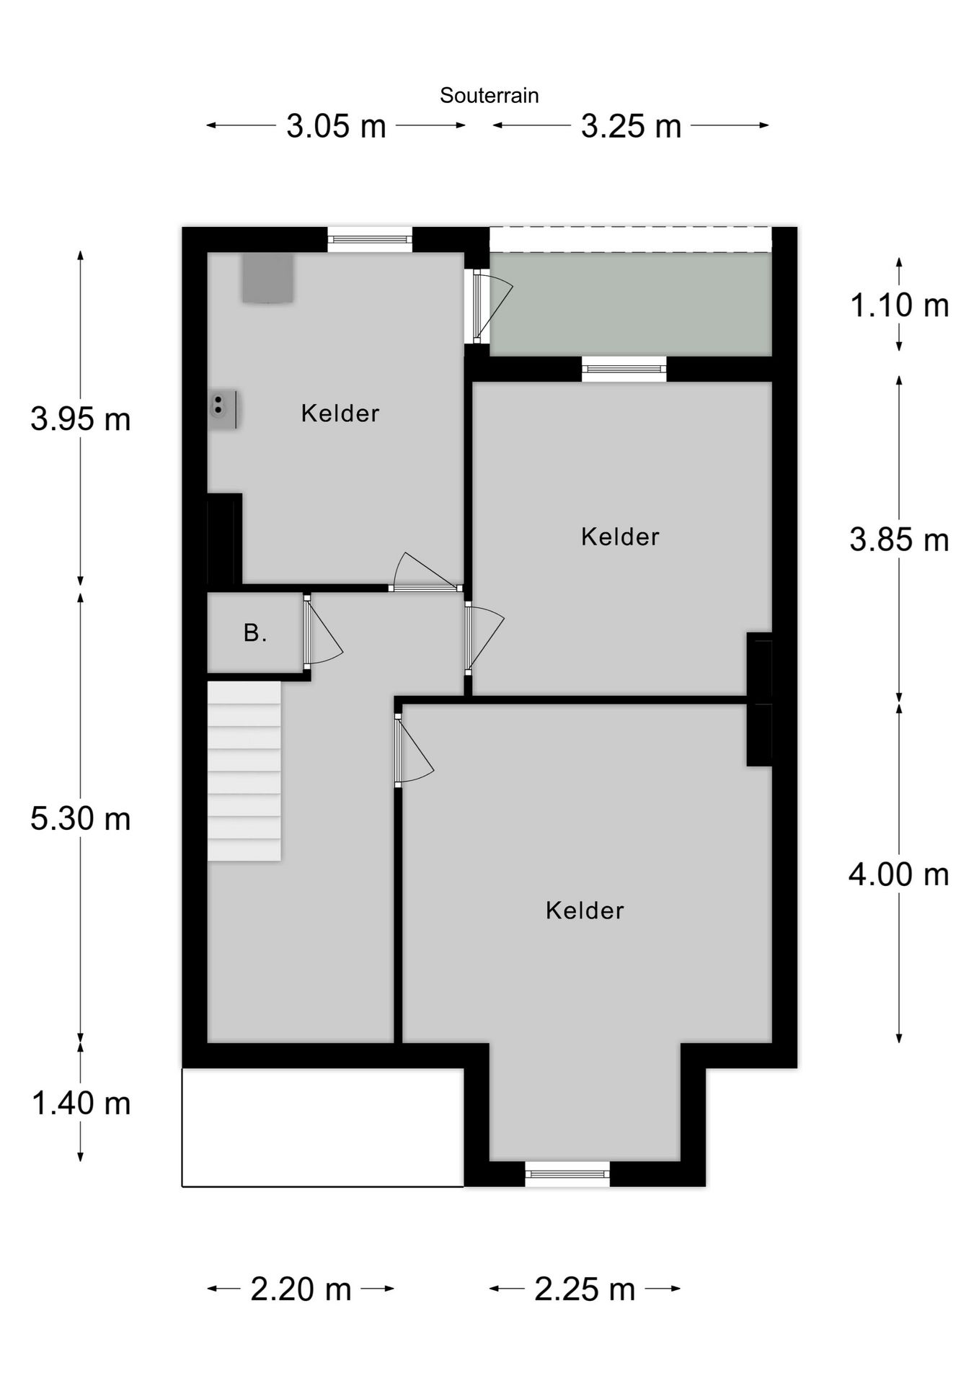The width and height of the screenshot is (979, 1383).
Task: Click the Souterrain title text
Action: click(x=489, y=96)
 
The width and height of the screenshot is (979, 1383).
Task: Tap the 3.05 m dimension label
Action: click(x=336, y=127)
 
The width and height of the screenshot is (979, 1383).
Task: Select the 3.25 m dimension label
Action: click(x=631, y=127)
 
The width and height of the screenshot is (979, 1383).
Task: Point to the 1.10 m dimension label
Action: click(x=899, y=305)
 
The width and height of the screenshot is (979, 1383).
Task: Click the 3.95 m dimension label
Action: click(x=80, y=419)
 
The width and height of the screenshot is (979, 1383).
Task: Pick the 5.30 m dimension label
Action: click(x=80, y=819)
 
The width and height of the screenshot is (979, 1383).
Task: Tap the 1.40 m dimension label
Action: click(x=81, y=1104)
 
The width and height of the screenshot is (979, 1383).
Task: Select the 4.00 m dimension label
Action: click(x=898, y=874)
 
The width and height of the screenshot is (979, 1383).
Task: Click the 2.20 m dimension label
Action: click(x=301, y=1289)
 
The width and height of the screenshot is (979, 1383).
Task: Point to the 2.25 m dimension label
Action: click(x=585, y=1289)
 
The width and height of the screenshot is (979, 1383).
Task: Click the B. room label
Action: click(x=255, y=633)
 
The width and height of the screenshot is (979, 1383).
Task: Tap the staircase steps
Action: click(x=244, y=771)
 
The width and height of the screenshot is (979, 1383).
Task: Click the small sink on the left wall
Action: click(x=221, y=408)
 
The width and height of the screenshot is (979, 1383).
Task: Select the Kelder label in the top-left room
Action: click(x=340, y=413)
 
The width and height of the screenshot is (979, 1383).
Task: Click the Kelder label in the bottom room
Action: click(x=584, y=910)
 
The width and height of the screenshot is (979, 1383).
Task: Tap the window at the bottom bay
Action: click(x=567, y=1173)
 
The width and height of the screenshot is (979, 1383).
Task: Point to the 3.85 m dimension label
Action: click(x=899, y=540)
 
